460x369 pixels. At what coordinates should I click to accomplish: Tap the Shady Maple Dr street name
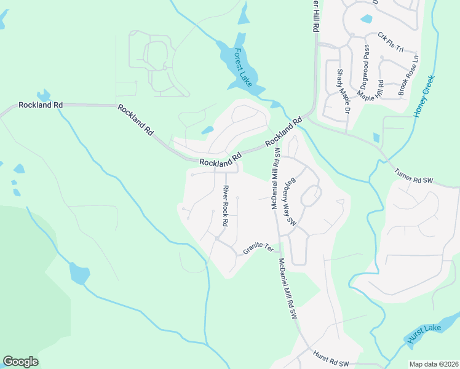tap(342, 90)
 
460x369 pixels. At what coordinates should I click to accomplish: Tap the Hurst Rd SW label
tap(330, 356)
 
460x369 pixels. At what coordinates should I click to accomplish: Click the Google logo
tap(20, 361)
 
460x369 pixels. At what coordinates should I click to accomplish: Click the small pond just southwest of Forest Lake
tap(207, 130)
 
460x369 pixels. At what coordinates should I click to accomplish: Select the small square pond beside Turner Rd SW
tap(376, 138)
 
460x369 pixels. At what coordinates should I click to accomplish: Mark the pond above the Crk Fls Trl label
tap(367, 18)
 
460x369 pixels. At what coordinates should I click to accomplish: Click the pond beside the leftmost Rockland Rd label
tap(43, 95)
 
